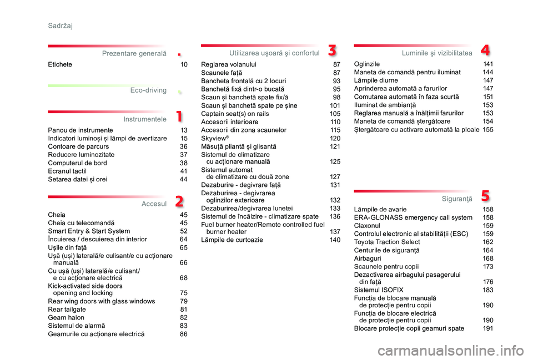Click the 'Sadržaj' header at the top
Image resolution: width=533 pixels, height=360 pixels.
pos(60,26)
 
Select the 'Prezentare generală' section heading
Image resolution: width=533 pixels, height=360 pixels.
pos(134,53)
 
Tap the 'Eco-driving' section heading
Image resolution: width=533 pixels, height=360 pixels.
pos(148,90)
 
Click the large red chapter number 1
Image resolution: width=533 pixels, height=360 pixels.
pos(179,116)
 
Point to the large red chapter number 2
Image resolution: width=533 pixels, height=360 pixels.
pos(179,201)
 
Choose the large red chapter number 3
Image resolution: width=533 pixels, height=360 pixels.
pos(331,50)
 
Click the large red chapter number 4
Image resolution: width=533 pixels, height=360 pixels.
pos(485,50)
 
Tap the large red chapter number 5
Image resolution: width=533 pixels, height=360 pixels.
pos(485,195)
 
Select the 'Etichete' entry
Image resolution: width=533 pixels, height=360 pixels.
pos(60,64)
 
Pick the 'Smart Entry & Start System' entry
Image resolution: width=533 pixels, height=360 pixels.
pos(89,231)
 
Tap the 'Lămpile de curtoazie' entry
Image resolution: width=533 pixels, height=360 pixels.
pos(232,240)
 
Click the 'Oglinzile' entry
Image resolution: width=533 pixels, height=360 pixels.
pos(367,64)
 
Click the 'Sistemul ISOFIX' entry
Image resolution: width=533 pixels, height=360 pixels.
pos(379,290)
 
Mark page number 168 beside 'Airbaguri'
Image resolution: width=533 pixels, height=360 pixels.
pos(488,258)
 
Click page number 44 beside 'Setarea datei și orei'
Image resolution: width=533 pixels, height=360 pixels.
pos(184,180)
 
